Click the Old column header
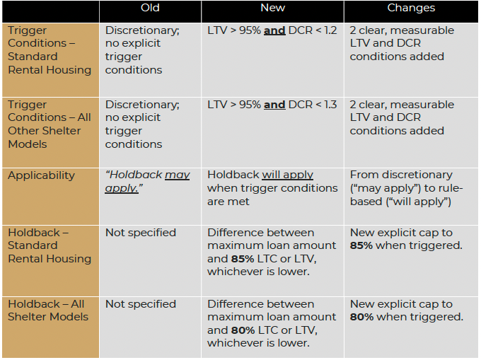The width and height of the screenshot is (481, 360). point(150,8)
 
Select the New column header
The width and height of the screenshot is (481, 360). point(272,8)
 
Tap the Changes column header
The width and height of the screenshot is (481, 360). point(411,8)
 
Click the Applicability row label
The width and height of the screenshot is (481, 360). point(41,175)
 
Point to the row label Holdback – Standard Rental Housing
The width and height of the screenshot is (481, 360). point(50,245)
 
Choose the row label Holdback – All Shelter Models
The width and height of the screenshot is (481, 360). point(48,310)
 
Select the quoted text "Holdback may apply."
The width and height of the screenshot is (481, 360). point(147,182)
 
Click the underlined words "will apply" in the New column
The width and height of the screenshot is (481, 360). point(288,175)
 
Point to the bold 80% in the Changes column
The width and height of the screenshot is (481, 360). point(362,317)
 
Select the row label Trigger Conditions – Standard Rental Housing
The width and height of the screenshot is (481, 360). point(50,50)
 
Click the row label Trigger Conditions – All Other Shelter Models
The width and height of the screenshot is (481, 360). point(45,124)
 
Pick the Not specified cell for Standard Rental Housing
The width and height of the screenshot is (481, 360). point(141,233)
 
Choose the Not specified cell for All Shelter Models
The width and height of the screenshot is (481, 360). point(141,304)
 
